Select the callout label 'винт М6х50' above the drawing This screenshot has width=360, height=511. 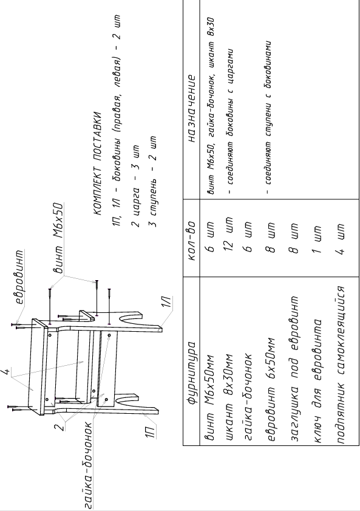click(x=58, y=237)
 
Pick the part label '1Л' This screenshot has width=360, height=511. click(x=167, y=301)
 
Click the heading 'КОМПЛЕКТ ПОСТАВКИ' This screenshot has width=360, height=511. click(x=98, y=163)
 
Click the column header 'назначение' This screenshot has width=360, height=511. click(x=192, y=109)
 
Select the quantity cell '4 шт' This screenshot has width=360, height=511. click(x=339, y=239)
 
